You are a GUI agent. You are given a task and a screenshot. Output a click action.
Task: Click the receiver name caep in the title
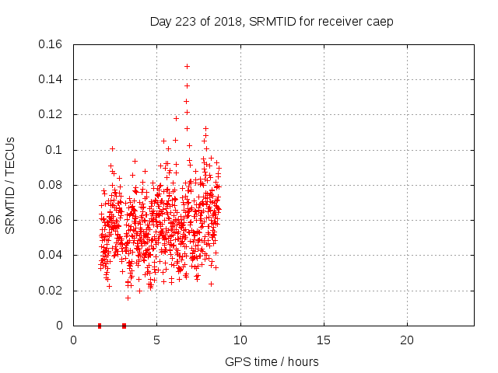381,21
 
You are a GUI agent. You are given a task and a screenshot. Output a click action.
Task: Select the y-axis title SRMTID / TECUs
10,186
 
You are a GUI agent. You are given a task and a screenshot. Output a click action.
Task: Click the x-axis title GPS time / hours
272,362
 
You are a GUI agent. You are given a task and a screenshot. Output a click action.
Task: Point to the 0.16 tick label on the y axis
51,44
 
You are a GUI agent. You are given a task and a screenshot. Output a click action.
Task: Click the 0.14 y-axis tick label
51,79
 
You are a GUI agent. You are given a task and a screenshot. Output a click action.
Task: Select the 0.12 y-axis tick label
51,114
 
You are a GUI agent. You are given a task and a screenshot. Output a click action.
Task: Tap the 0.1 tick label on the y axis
54,150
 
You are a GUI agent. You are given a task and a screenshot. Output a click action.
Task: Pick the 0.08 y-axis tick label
51,185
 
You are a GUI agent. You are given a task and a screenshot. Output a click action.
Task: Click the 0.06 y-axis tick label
51,220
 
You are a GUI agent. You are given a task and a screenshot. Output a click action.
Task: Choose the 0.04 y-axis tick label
51,255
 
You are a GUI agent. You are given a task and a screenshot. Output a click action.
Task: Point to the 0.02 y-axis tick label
51,291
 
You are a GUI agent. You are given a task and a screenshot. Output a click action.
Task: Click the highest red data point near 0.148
187,66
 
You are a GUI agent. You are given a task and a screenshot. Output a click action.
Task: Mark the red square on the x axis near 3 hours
124,326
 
